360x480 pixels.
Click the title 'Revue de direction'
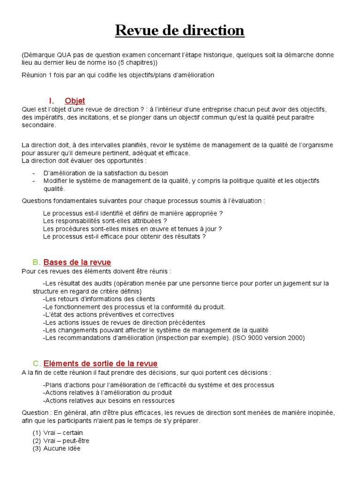[x=180, y=30]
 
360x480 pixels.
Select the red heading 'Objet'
[x=75, y=101]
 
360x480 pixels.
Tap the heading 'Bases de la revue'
[x=77, y=262]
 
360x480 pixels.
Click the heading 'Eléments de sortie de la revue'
[x=100, y=363]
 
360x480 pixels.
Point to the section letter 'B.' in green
[x=37, y=262]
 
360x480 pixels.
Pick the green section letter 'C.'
[x=37, y=363]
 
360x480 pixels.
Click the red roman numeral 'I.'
[x=52, y=101]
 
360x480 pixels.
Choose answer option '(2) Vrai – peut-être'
[x=61, y=441]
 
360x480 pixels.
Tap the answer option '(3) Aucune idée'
[x=57, y=449]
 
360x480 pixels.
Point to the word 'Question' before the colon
[x=35, y=412]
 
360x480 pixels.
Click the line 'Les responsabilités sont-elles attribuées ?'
[x=105, y=221]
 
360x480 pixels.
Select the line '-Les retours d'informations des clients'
[x=99, y=299]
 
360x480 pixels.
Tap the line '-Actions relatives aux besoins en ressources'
[x=109, y=401]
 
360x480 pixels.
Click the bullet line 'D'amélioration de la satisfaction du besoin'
[x=105, y=173]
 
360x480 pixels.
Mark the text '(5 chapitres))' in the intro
[x=137, y=62]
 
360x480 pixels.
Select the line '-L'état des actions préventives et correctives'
[x=108, y=315]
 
